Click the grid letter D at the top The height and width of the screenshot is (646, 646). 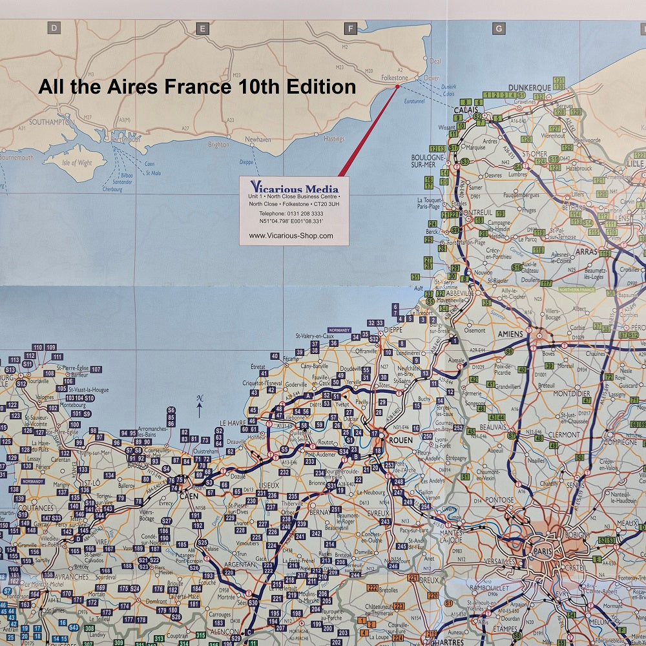(54, 28)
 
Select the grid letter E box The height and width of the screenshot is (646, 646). (202, 28)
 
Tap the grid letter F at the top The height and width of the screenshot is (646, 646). (351, 28)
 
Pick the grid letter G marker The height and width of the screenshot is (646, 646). (498, 28)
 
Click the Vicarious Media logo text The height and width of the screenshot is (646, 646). (294, 187)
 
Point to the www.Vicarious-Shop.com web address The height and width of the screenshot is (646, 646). (291, 236)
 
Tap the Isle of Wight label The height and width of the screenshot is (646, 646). (77, 163)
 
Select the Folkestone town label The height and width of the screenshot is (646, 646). (395, 78)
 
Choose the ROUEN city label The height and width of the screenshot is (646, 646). (401, 440)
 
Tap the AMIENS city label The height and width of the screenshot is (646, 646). (510, 334)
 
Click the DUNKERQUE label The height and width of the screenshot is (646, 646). (529, 87)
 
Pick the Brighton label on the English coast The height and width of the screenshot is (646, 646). (218, 145)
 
